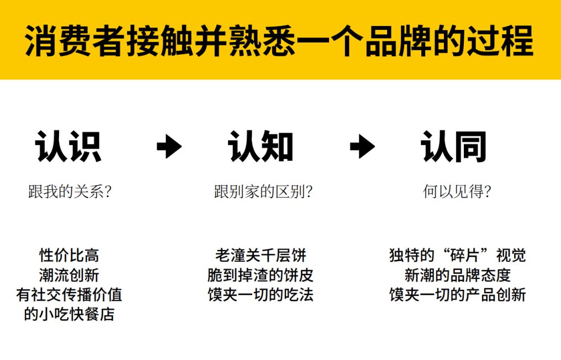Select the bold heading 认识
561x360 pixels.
(x=68, y=147)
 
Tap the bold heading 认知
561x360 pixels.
(x=261, y=147)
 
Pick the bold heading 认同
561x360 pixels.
(x=453, y=147)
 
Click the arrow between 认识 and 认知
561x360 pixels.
(x=169, y=147)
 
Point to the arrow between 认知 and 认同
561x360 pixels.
(x=362, y=147)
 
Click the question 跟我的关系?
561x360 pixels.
(x=70, y=192)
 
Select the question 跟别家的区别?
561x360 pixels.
(x=263, y=192)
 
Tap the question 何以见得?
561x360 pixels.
(x=457, y=192)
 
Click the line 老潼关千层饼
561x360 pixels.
(x=261, y=256)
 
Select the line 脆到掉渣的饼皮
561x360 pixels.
(x=261, y=275)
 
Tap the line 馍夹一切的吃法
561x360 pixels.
(x=261, y=295)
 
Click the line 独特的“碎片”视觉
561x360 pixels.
(x=457, y=256)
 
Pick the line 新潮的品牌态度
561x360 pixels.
(x=457, y=275)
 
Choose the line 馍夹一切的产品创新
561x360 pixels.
(x=457, y=295)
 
